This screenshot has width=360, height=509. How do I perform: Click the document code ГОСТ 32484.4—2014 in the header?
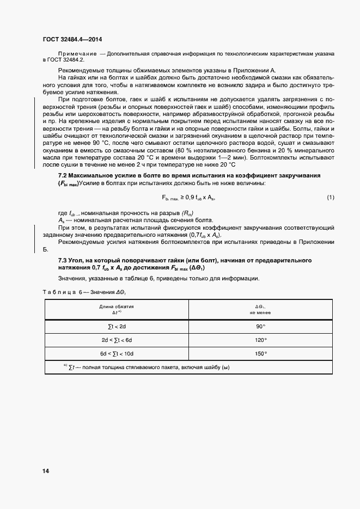tap(72, 39)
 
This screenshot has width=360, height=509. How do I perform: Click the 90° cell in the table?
tap(260, 326)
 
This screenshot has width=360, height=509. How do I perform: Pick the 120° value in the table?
tap(260, 340)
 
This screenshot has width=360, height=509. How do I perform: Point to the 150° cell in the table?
tap(260, 353)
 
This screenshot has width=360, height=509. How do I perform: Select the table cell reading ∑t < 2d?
tap(116, 326)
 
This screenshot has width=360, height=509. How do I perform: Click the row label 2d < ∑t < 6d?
tap(116, 340)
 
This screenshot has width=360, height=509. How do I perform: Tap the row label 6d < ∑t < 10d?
tap(116, 353)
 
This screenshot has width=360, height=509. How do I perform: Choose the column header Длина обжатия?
tap(116, 306)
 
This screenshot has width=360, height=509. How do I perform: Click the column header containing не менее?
tap(260, 312)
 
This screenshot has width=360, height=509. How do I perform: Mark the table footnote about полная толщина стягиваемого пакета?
tap(147, 367)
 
